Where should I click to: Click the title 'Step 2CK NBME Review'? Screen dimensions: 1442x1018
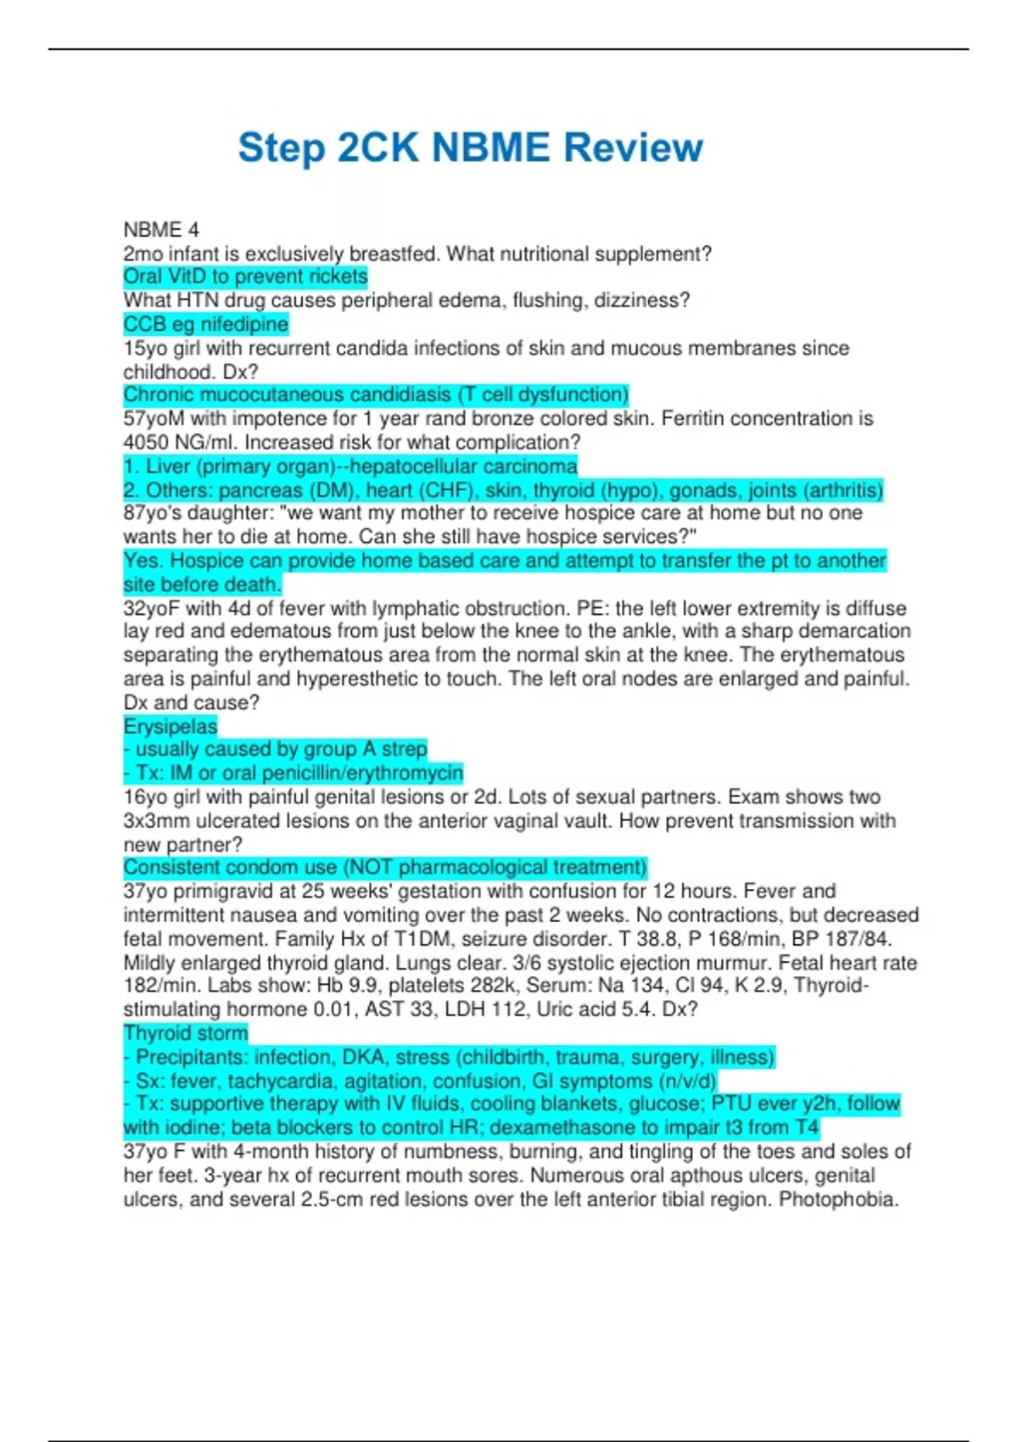470,148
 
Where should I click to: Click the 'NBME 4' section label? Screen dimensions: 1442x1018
161,230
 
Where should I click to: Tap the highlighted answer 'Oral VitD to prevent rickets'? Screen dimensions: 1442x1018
245,277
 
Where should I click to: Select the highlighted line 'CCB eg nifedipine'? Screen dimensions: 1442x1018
205,324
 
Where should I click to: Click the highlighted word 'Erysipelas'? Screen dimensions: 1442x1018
171,726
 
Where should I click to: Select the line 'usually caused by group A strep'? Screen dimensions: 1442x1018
281,749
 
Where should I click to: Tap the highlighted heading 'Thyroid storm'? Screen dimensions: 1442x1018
186,1033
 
